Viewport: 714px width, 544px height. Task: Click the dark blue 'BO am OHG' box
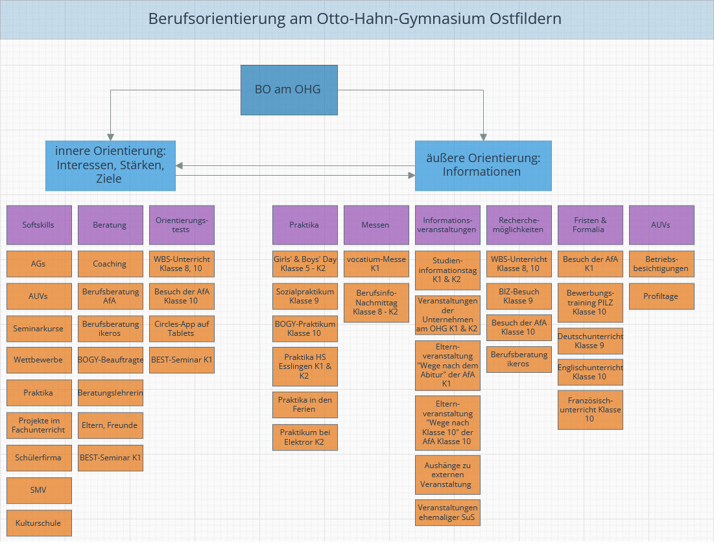pos(289,89)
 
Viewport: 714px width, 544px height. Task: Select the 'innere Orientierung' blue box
pos(110,165)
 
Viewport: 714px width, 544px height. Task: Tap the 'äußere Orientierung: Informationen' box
pos(483,165)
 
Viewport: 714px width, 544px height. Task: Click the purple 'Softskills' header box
pos(39,225)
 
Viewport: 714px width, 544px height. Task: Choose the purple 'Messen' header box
pos(376,225)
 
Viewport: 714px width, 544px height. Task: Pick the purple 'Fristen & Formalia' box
pos(590,225)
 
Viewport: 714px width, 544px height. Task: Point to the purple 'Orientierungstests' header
pos(182,225)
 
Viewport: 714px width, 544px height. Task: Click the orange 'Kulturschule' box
pos(39,523)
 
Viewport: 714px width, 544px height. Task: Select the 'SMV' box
pos(39,490)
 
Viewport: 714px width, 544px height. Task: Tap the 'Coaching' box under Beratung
pos(110,264)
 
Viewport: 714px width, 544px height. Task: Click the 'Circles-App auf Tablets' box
pos(182,329)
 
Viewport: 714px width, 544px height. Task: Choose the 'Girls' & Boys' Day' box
pos(305,264)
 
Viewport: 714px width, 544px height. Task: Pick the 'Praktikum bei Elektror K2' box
pos(305,437)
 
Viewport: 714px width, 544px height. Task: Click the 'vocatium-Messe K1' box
pos(376,264)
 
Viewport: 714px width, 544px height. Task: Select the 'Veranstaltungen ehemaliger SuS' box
pos(447,512)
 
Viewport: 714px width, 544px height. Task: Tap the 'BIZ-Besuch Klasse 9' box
pos(519,296)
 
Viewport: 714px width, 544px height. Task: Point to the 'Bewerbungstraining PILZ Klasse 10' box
pos(590,303)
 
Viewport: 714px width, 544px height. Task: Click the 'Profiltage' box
pos(661,296)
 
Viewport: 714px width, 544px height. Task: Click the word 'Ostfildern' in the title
pos(522,19)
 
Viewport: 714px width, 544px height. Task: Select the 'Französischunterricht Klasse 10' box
pos(590,410)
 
